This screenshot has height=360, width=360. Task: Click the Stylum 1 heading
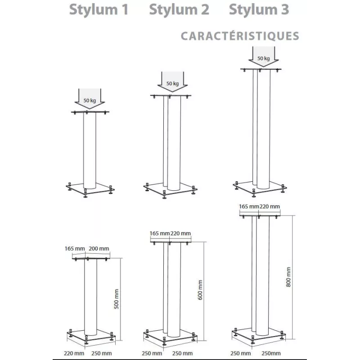[x=99, y=9]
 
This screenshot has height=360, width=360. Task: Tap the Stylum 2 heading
[x=179, y=9]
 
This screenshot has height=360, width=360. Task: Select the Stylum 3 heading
[x=259, y=9]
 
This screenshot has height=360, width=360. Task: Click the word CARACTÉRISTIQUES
[x=240, y=36]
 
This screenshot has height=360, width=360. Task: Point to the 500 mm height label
[x=117, y=299]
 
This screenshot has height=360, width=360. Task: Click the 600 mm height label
[x=200, y=290]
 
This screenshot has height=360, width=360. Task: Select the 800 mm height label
[x=288, y=277]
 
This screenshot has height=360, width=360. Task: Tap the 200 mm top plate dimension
[x=99, y=248]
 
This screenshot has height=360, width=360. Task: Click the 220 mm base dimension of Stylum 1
[x=74, y=353]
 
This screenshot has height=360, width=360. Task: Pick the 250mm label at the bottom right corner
[x=271, y=353]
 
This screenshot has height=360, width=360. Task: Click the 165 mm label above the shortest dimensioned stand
[x=75, y=248]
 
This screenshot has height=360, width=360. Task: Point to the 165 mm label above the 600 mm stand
[x=160, y=233]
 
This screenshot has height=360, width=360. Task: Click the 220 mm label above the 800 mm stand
[x=270, y=207]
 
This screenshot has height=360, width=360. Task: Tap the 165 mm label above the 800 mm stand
[x=249, y=207]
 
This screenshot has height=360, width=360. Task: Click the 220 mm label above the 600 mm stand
[x=181, y=233]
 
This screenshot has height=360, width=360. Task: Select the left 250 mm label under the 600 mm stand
[x=152, y=353]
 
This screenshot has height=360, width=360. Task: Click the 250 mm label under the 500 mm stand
[x=102, y=353]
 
